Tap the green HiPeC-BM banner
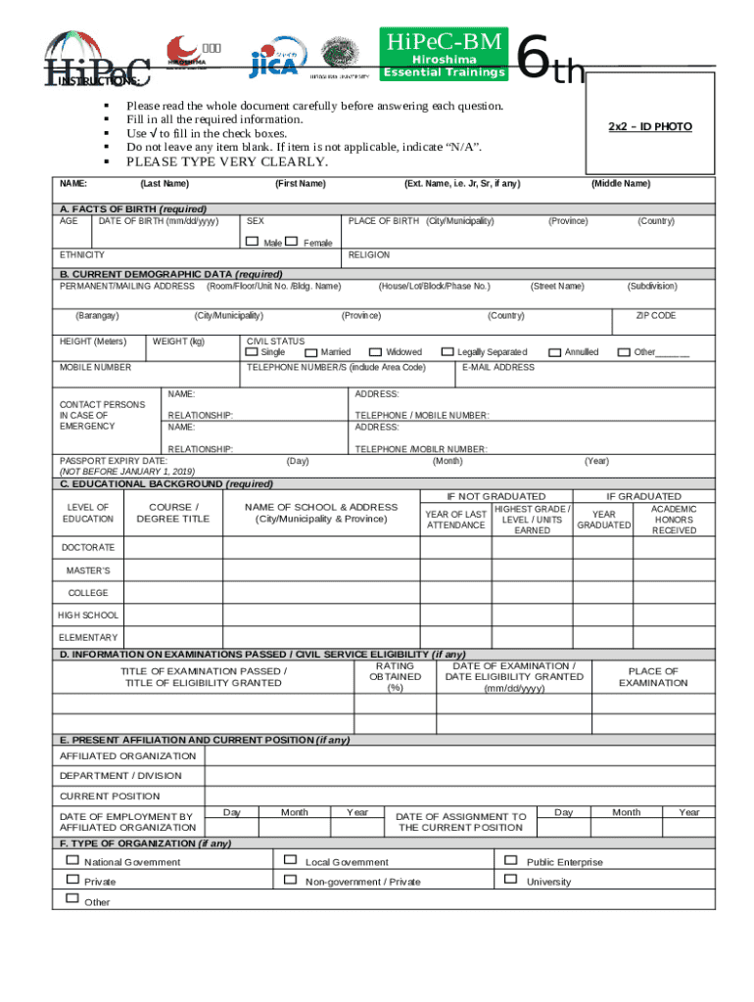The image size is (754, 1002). (445, 55)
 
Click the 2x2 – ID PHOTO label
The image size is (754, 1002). (649, 127)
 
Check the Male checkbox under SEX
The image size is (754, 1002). (253, 241)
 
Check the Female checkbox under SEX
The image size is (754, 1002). (292, 241)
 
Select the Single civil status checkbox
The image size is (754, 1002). (253, 351)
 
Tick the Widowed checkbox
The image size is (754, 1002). (375, 351)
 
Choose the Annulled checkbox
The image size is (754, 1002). (554, 351)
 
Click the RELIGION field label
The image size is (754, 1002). (369, 254)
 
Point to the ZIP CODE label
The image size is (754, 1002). (655, 316)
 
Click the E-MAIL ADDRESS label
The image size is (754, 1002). (497, 368)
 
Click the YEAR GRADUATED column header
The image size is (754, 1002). (604, 520)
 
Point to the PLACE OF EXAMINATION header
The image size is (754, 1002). (652, 677)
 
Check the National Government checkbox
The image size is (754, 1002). (71, 860)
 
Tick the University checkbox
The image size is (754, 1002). (509, 880)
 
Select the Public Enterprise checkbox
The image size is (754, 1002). (509, 860)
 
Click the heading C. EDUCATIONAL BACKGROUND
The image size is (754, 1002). (166, 483)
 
